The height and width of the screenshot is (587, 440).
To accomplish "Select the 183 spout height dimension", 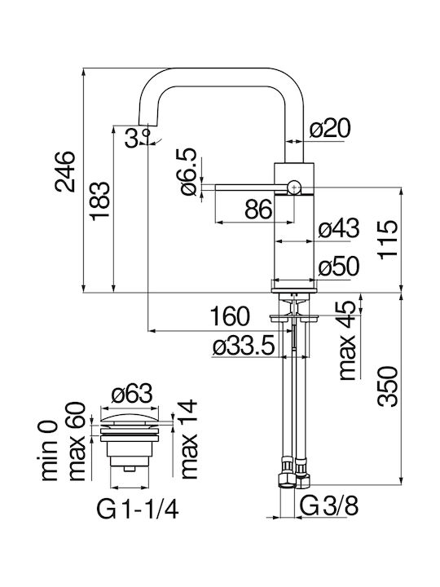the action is tap(100, 201).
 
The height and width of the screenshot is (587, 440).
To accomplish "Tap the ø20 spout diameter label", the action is tap(330, 129).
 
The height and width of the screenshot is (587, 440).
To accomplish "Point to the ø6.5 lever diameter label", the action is tap(188, 171).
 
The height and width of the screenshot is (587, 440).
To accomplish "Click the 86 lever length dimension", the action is tap(258, 209).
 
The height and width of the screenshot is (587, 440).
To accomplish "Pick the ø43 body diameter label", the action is tap(339, 228).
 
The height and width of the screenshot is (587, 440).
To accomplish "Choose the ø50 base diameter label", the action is tap(339, 267).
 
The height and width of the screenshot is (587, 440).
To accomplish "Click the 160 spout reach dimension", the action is tap(229, 316).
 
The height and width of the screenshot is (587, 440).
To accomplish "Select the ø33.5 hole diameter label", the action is tap(244, 346).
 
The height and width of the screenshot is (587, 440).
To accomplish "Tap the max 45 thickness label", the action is tap(347, 340).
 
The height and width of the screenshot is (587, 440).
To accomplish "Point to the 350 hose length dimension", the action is tap(387, 386).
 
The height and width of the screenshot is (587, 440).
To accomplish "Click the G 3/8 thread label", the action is tap(329, 506).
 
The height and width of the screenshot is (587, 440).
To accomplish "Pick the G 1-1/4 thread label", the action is tap(138, 510).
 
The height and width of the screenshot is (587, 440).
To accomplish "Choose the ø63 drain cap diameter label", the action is tap(132, 394).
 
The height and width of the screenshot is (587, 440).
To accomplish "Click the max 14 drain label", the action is tap(189, 439).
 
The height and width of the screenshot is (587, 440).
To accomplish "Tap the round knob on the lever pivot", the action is tap(294, 187).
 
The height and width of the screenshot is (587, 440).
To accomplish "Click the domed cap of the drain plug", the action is tap(130, 418).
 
